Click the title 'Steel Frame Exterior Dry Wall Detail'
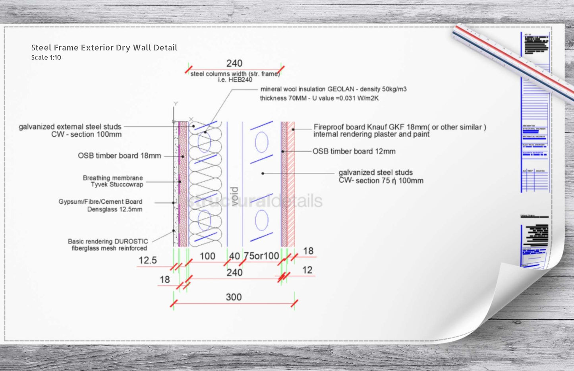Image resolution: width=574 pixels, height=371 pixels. (x=104, y=48)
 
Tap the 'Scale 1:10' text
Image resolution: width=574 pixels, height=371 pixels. (x=46, y=58)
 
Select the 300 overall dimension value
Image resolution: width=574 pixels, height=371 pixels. (x=234, y=297)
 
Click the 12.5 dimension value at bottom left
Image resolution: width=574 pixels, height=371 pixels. (x=147, y=261)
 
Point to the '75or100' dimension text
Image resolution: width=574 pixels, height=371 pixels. (x=261, y=256)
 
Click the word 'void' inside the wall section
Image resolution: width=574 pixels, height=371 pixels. (x=235, y=196)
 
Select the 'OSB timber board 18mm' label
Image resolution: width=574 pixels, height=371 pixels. (x=119, y=156)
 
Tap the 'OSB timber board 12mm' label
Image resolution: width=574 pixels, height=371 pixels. (x=354, y=151)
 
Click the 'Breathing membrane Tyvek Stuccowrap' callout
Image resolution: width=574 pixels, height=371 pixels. (x=113, y=181)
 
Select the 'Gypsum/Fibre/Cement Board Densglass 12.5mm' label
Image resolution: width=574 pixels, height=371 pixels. (x=100, y=205)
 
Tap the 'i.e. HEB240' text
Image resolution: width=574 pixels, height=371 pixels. (x=235, y=80)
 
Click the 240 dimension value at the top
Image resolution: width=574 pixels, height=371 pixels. (x=234, y=64)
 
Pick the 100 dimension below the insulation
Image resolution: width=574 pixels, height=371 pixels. (x=207, y=256)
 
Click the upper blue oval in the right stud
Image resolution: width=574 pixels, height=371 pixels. (x=261, y=143)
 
